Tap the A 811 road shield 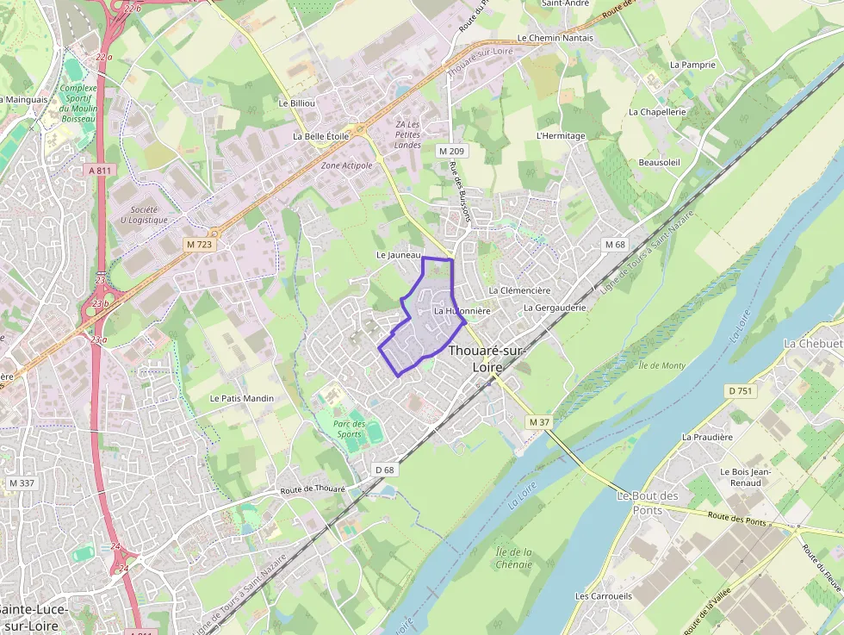(x=101, y=170)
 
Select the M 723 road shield (x=199, y=245)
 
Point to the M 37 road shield (x=539, y=421)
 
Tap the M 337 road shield (x=21, y=482)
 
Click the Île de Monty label (x=662, y=365)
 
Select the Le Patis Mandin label (x=242, y=398)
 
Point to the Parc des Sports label (x=350, y=428)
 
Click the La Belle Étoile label (x=320, y=136)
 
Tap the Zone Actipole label (x=346, y=165)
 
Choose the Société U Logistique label (x=145, y=215)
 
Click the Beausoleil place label (x=660, y=162)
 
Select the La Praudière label (x=707, y=437)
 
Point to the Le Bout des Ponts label (x=648, y=502)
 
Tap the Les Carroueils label (x=603, y=595)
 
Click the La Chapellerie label (x=657, y=112)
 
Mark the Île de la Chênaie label (x=514, y=558)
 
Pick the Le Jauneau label (x=399, y=255)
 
